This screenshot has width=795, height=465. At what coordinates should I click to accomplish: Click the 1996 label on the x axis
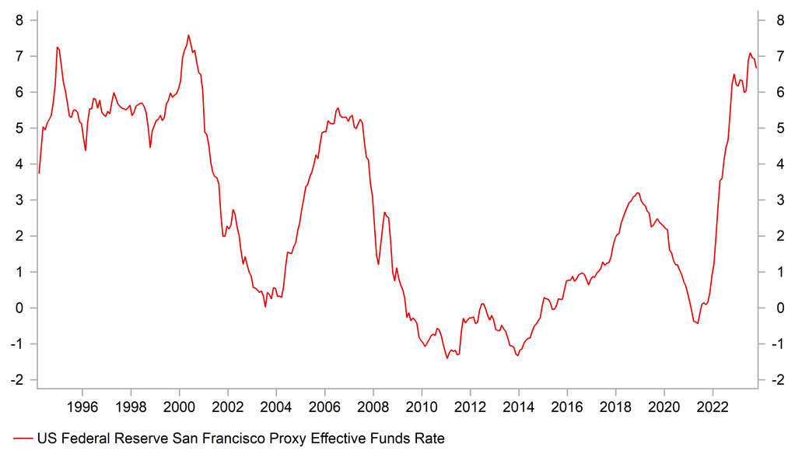pos(82,407)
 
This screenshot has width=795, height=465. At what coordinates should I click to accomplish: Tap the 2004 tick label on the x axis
pos(275,407)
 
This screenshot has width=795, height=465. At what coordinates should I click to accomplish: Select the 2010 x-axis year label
pos(421,407)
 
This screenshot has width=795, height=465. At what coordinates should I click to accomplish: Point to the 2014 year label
pos(518,407)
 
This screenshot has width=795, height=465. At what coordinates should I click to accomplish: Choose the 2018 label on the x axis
pos(615,407)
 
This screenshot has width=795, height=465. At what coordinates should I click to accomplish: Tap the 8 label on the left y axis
pos(19,20)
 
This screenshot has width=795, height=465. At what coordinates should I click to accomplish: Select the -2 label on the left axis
pos(17,380)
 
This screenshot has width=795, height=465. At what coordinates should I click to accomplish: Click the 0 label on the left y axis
pos(19,308)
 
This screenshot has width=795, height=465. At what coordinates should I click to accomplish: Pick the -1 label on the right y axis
pos(776,344)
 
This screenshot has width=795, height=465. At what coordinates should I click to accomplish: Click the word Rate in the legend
pos(429,439)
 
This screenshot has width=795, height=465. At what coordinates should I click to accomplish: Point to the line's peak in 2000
pos(188,35)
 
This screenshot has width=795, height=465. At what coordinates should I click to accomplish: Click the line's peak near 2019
pos(638,193)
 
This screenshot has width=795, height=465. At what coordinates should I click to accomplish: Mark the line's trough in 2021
pos(698,323)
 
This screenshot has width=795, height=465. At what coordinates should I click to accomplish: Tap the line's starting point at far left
pos(38,173)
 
